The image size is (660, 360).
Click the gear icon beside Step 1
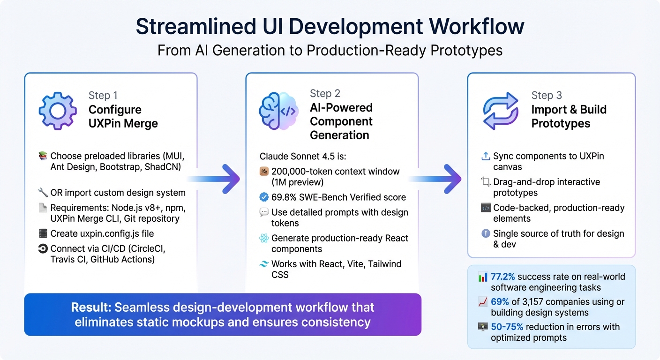pyautogui.click(x=58, y=111)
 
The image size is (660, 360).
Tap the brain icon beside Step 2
pyautogui.click(x=278, y=111)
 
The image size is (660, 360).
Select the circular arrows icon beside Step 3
pyautogui.click(x=501, y=111)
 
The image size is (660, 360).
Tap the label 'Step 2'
pyautogui.click(x=325, y=94)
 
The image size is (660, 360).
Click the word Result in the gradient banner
pyautogui.click(x=91, y=307)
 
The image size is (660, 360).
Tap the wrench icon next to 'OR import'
pyautogui.click(x=43, y=193)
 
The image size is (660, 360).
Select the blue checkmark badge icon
pyautogui.click(x=264, y=197)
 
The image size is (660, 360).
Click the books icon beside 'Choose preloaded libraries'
pyautogui.click(x=43, y=156)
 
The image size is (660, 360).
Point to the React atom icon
pyautogui.click(x=264, y=238)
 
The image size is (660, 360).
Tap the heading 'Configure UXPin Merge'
pyautogui.click(x=123, y=117)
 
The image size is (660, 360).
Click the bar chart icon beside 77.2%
pyautogui.click(x=482, y=277)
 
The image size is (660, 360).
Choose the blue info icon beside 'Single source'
pyautogui.click(x=486, y=233)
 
